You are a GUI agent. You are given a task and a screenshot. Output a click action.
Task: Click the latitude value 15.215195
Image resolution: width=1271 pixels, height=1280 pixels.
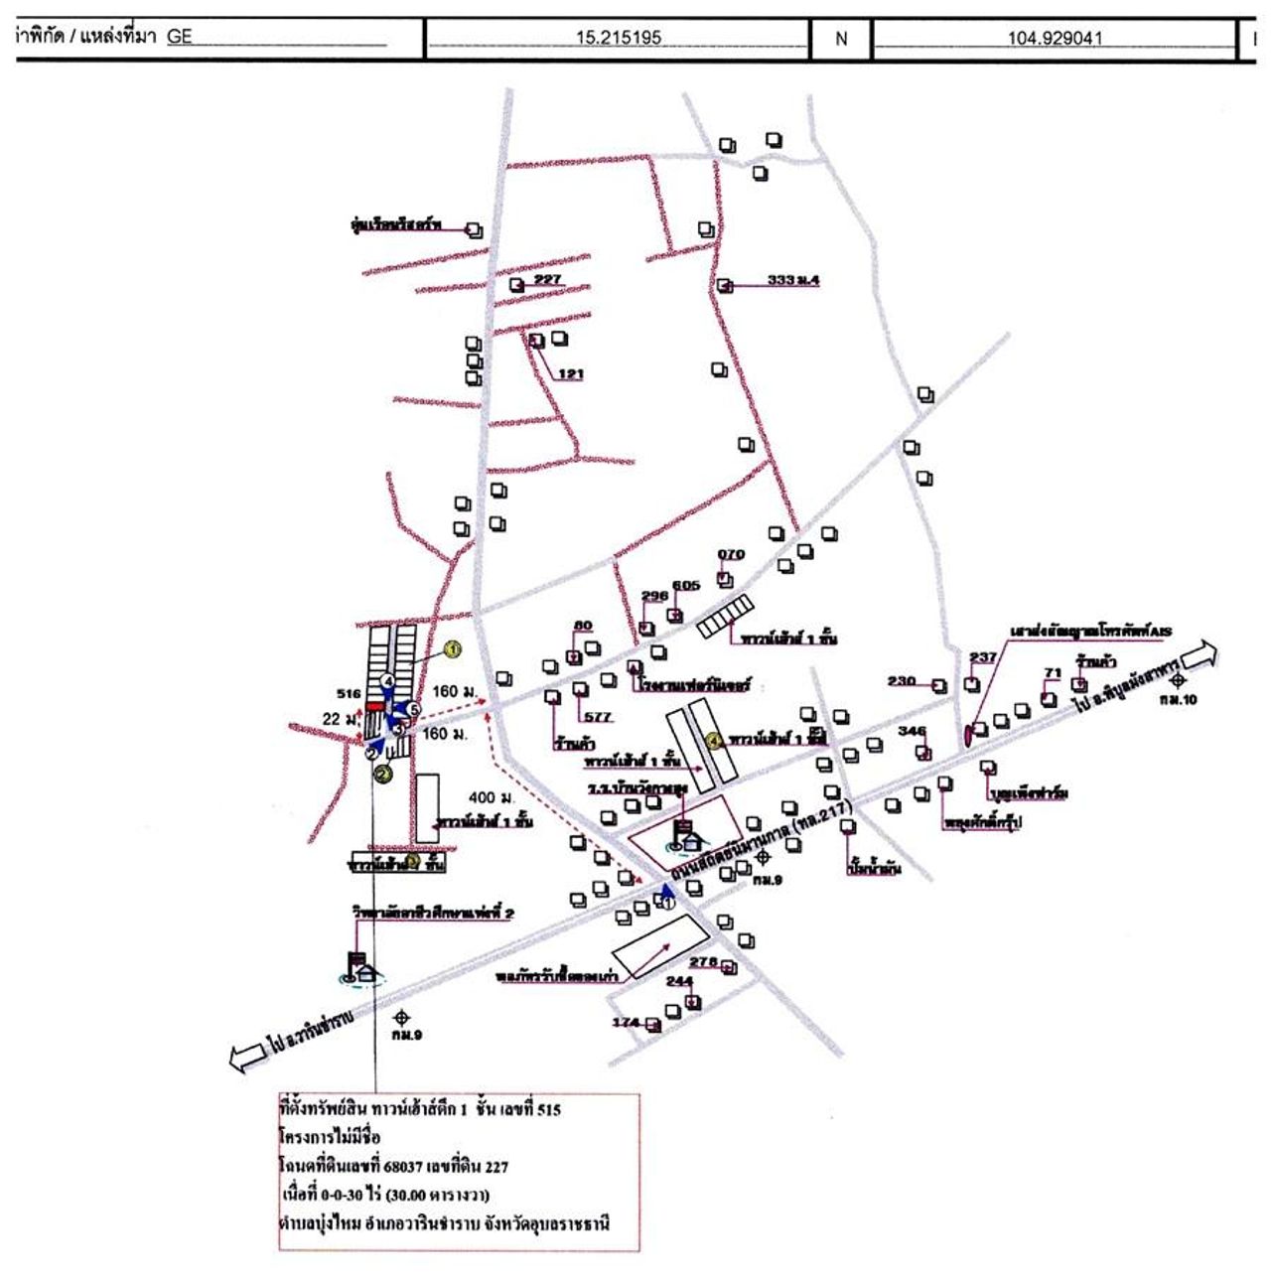point(618,39)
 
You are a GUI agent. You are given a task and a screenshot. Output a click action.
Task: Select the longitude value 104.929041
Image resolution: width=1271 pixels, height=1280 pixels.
point(1055,39)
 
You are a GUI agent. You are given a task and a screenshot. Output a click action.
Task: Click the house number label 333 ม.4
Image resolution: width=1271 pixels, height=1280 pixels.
point(793,280)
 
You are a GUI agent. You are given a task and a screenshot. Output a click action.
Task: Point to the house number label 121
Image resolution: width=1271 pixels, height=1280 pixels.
point(570,374)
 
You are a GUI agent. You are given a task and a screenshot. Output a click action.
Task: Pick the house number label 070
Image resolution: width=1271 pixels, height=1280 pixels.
point(731,555)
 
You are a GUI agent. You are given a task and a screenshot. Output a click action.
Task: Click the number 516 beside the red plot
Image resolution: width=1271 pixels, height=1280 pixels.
point(349,694)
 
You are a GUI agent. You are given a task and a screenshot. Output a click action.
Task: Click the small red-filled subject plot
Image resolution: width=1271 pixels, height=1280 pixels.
point(375,705)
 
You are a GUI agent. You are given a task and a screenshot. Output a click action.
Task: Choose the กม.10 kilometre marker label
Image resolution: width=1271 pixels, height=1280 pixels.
point(1179,699)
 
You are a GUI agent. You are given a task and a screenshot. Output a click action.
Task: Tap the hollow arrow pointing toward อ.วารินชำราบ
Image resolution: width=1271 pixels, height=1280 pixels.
point(247,1057)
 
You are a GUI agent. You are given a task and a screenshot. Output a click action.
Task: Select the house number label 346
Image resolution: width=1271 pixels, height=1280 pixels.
point(912,732)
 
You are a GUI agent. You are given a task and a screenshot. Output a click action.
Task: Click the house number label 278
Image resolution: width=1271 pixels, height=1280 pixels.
point(703,961)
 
